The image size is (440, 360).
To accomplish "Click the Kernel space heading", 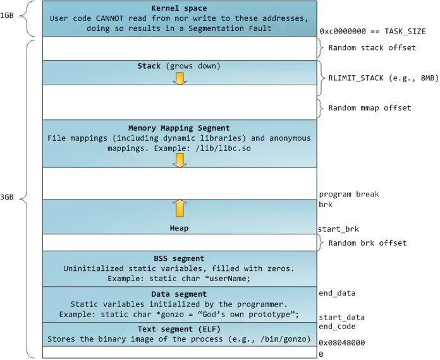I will pyautogui.click(x=180, y=8).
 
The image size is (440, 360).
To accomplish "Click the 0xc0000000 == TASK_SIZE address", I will pyautogui.click(x=372, y=32).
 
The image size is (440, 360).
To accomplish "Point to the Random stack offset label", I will pyautogui.click(x=372, y=47).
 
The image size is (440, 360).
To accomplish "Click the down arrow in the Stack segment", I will pyautogui.click(x=180, y=78).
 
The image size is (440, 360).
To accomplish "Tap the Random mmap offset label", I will pyautogui.click(x=370, y=107).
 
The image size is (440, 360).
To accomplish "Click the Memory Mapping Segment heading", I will pyautogui.click(x=179, y=128).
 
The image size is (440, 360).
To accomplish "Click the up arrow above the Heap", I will pyautogui.click(x=180, y=208).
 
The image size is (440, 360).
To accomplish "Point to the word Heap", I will pyautogui.click(x=179, y=228).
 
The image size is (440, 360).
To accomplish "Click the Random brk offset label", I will pyautogui.click(x=367, y=243).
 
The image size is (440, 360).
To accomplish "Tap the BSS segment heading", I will pyautogui.click(x=179, y=258).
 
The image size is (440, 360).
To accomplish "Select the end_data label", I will pyautogui.click(x=338, y=293).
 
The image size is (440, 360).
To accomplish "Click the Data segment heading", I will pyautogui.click(x=179, y=294).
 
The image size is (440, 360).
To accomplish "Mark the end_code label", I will pyautogui.click(x=338, y=327).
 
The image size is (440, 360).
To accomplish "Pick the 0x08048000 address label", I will pyautogui.click(x=342, y=343).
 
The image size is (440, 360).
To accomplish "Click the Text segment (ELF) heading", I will pyautogui.click(x=179, y=330).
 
